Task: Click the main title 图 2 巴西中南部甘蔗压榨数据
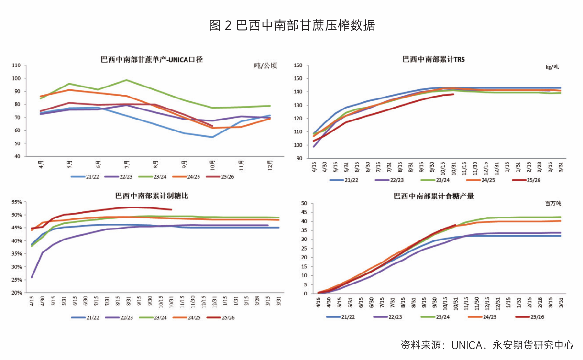pyautogui.click(x=292, y=25)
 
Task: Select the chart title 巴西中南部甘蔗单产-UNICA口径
pyautogui.click(x=152, y=60)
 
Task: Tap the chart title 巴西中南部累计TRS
pyautogui.click(x=433, y=60)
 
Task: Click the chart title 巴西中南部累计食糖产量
pyautogui.click(x=434, y=196)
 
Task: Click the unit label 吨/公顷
pyautogui.click(x=265, y=66)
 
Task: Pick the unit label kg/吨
pyautogui.click(x=552, y=67)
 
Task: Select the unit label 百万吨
pyautogui.click(x=552, y=203)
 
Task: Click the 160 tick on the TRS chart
pyautogui.click(x=297, y=65)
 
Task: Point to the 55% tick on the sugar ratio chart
pyautogui.click(x=17, y=202)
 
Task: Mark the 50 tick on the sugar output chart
pyautogui.click(x=302, y=204)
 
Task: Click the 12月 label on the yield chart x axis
pyautogui.click(x=268, y=165)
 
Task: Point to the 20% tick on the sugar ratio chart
pyautogui.click(x=17, y=293)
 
